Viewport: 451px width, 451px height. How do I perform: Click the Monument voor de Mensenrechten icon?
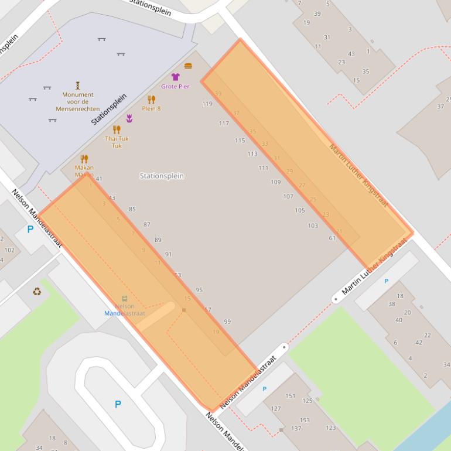click(x=77, y=86)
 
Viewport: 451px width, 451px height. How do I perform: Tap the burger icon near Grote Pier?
click(x=188, y=66)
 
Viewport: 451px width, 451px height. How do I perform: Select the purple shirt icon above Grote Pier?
click(x=175, y=77)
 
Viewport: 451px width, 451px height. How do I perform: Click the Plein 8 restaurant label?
click(x=151, y=108)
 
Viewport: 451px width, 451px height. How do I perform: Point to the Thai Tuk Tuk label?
click(x=117, y=142)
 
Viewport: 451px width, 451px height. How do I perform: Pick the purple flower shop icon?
click(x=129, y=118)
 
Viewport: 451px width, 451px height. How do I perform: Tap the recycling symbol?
click(x=37, y=291)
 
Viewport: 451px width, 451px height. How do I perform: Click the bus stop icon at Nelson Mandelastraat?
click(x=124, y=299)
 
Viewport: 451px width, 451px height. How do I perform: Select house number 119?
click(x=207, y=104)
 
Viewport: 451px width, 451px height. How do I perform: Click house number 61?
click(x=332, y=238)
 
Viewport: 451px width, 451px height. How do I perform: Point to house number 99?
click(x=227, y=322)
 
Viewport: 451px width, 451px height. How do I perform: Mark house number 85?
click(x=132, y=209)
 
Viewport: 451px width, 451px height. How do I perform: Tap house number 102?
click(x=9, y=250)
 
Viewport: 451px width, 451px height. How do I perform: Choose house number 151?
click(x=291, y=396)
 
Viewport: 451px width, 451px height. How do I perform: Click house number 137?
click(x=296, y=429)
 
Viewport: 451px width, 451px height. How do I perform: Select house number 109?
click(x=275, y=182)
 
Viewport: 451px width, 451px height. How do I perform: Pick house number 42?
click(x=419, y=342)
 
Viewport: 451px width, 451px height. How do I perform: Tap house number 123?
click(x=331, y=428)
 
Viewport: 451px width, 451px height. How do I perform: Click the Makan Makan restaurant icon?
click(x=84, y=159)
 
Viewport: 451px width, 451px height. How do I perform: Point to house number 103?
click(x=313, y=225)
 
